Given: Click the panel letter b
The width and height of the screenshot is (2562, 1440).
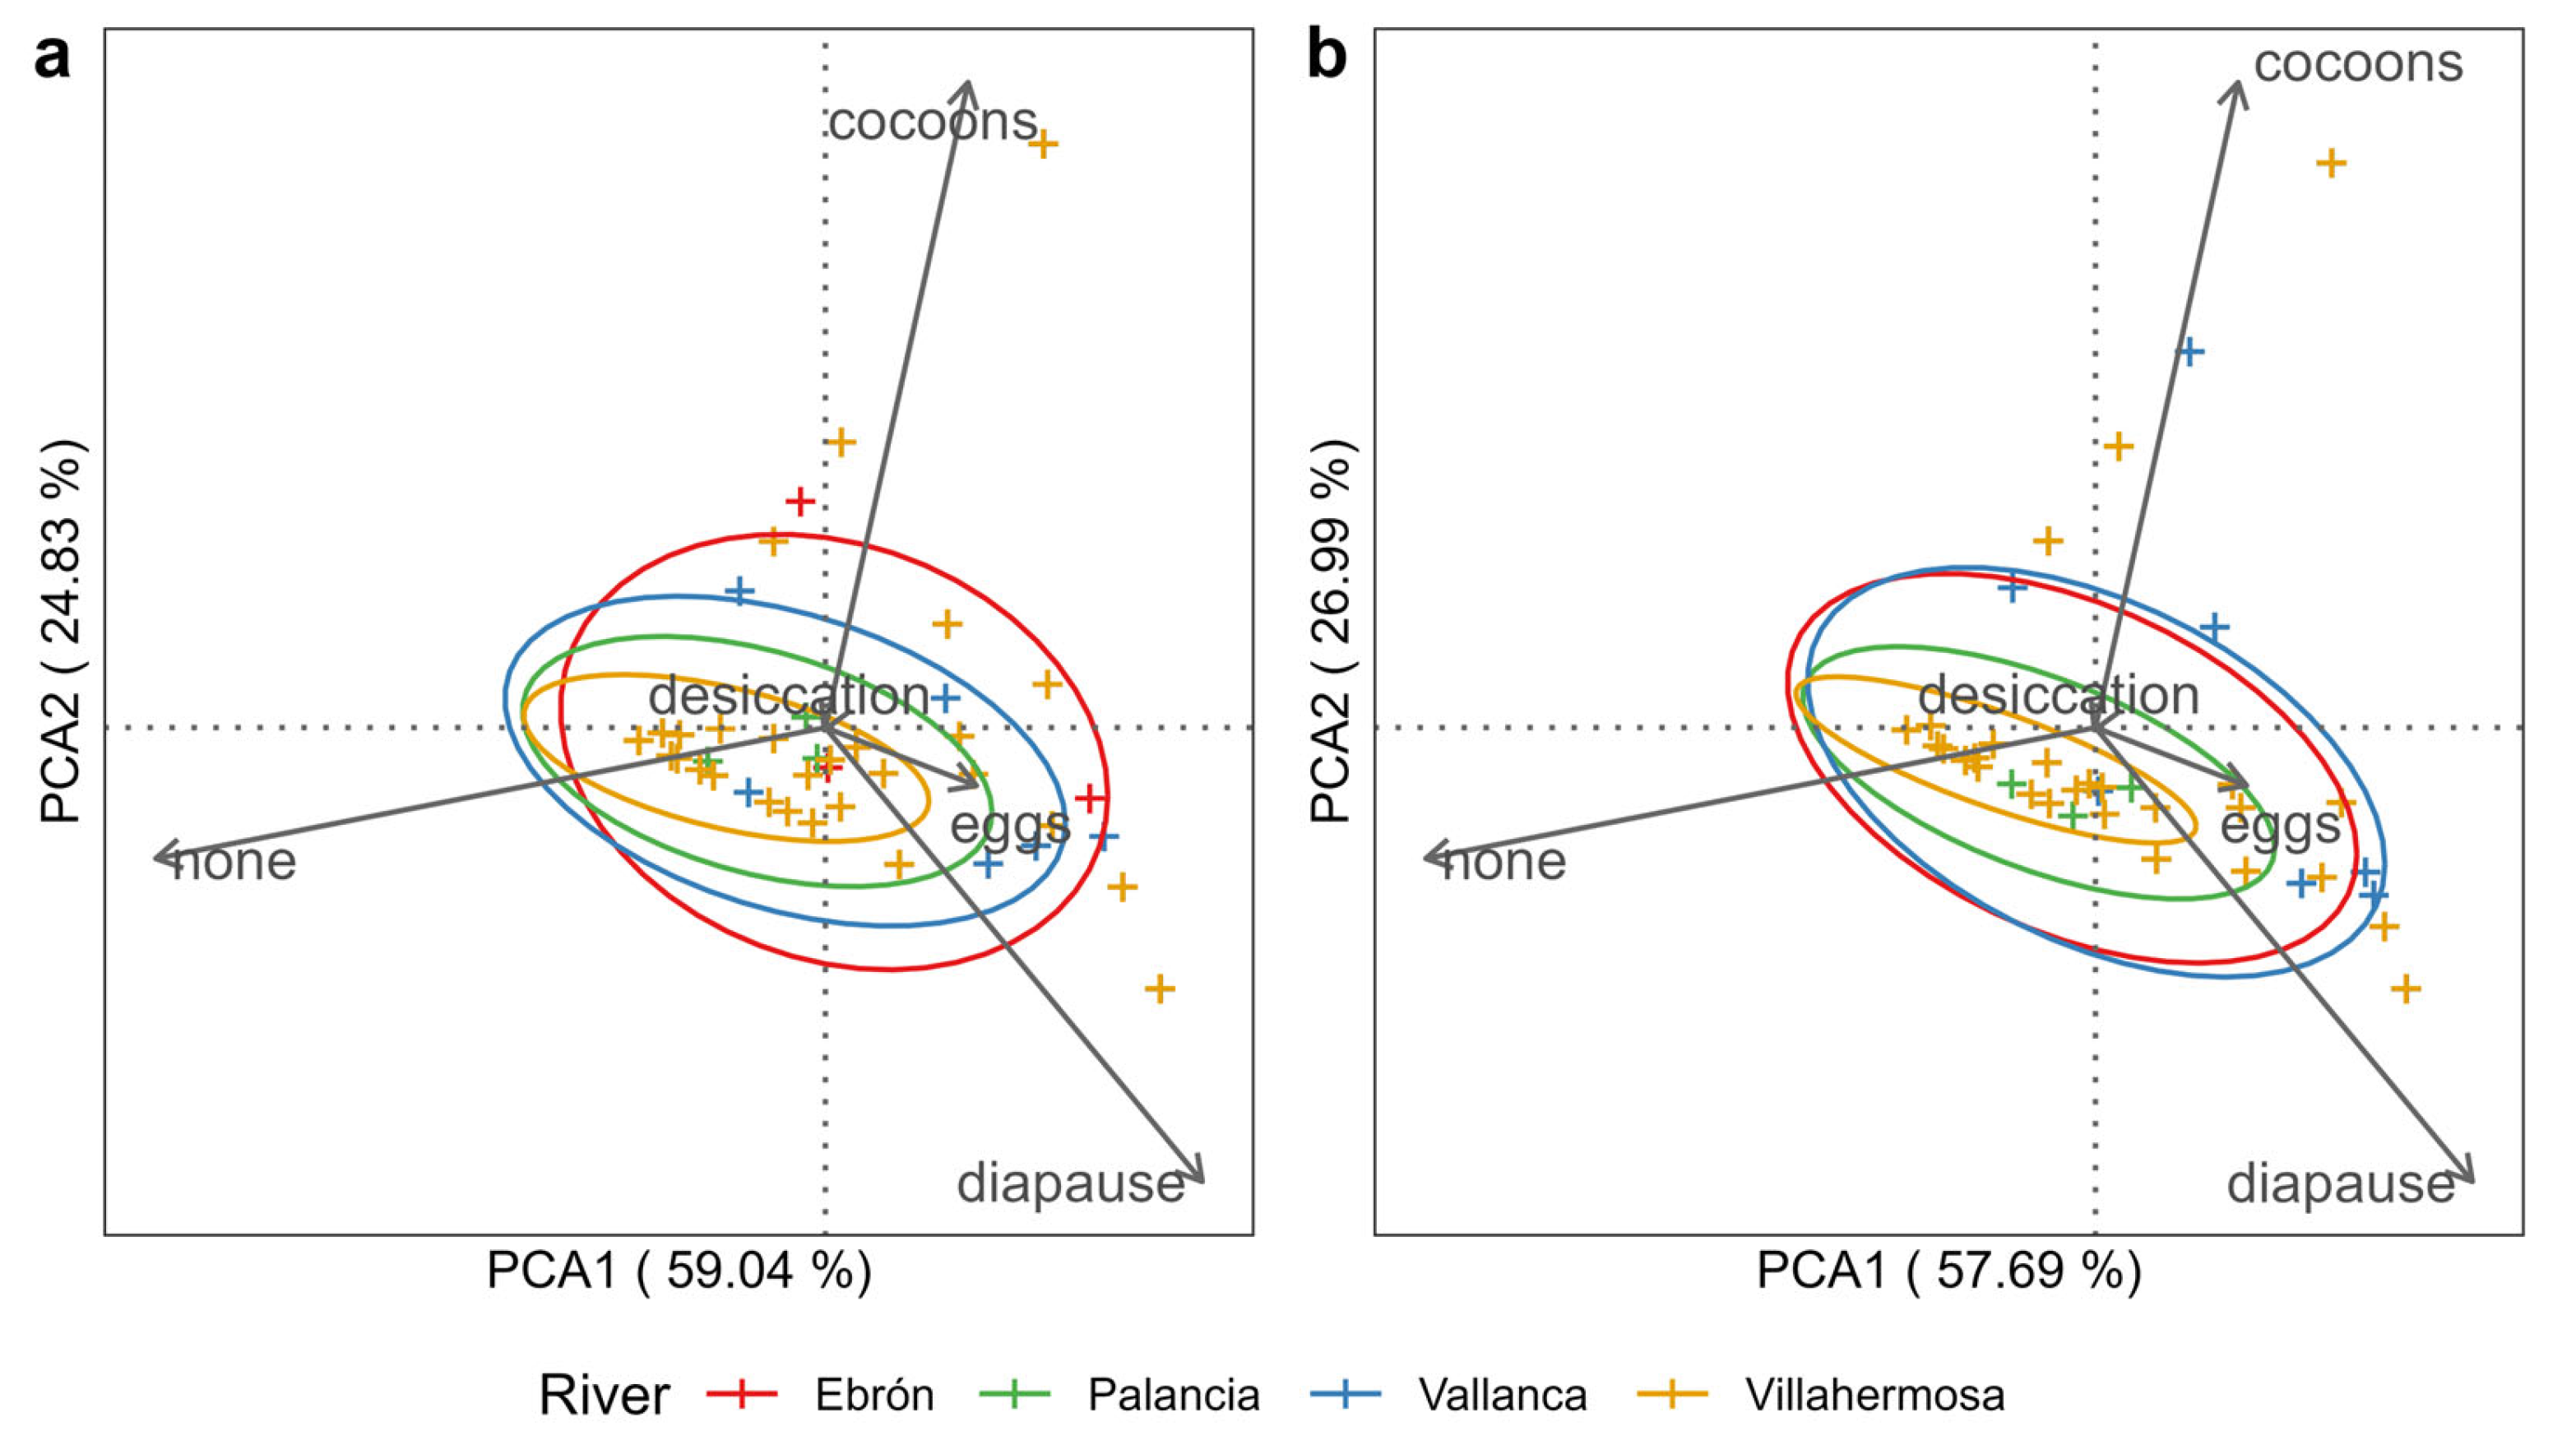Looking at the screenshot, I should point(1326,58).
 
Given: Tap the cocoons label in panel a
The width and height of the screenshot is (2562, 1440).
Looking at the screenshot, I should point(932,123).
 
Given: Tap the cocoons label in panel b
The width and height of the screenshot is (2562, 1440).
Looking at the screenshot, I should point(2357,63).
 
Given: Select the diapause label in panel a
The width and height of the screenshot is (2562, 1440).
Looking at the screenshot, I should point(1070,1184).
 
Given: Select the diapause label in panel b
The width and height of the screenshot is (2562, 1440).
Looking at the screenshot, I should point(2340,1184).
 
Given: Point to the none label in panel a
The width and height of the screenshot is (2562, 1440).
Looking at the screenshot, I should point(234,861).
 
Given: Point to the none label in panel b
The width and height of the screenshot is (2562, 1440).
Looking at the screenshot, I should point(1503,861).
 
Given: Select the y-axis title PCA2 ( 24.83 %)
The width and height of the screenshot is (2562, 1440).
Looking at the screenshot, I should point(62,632).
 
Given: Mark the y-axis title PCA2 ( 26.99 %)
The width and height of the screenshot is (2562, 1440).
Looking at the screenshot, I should point(1332,632).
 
